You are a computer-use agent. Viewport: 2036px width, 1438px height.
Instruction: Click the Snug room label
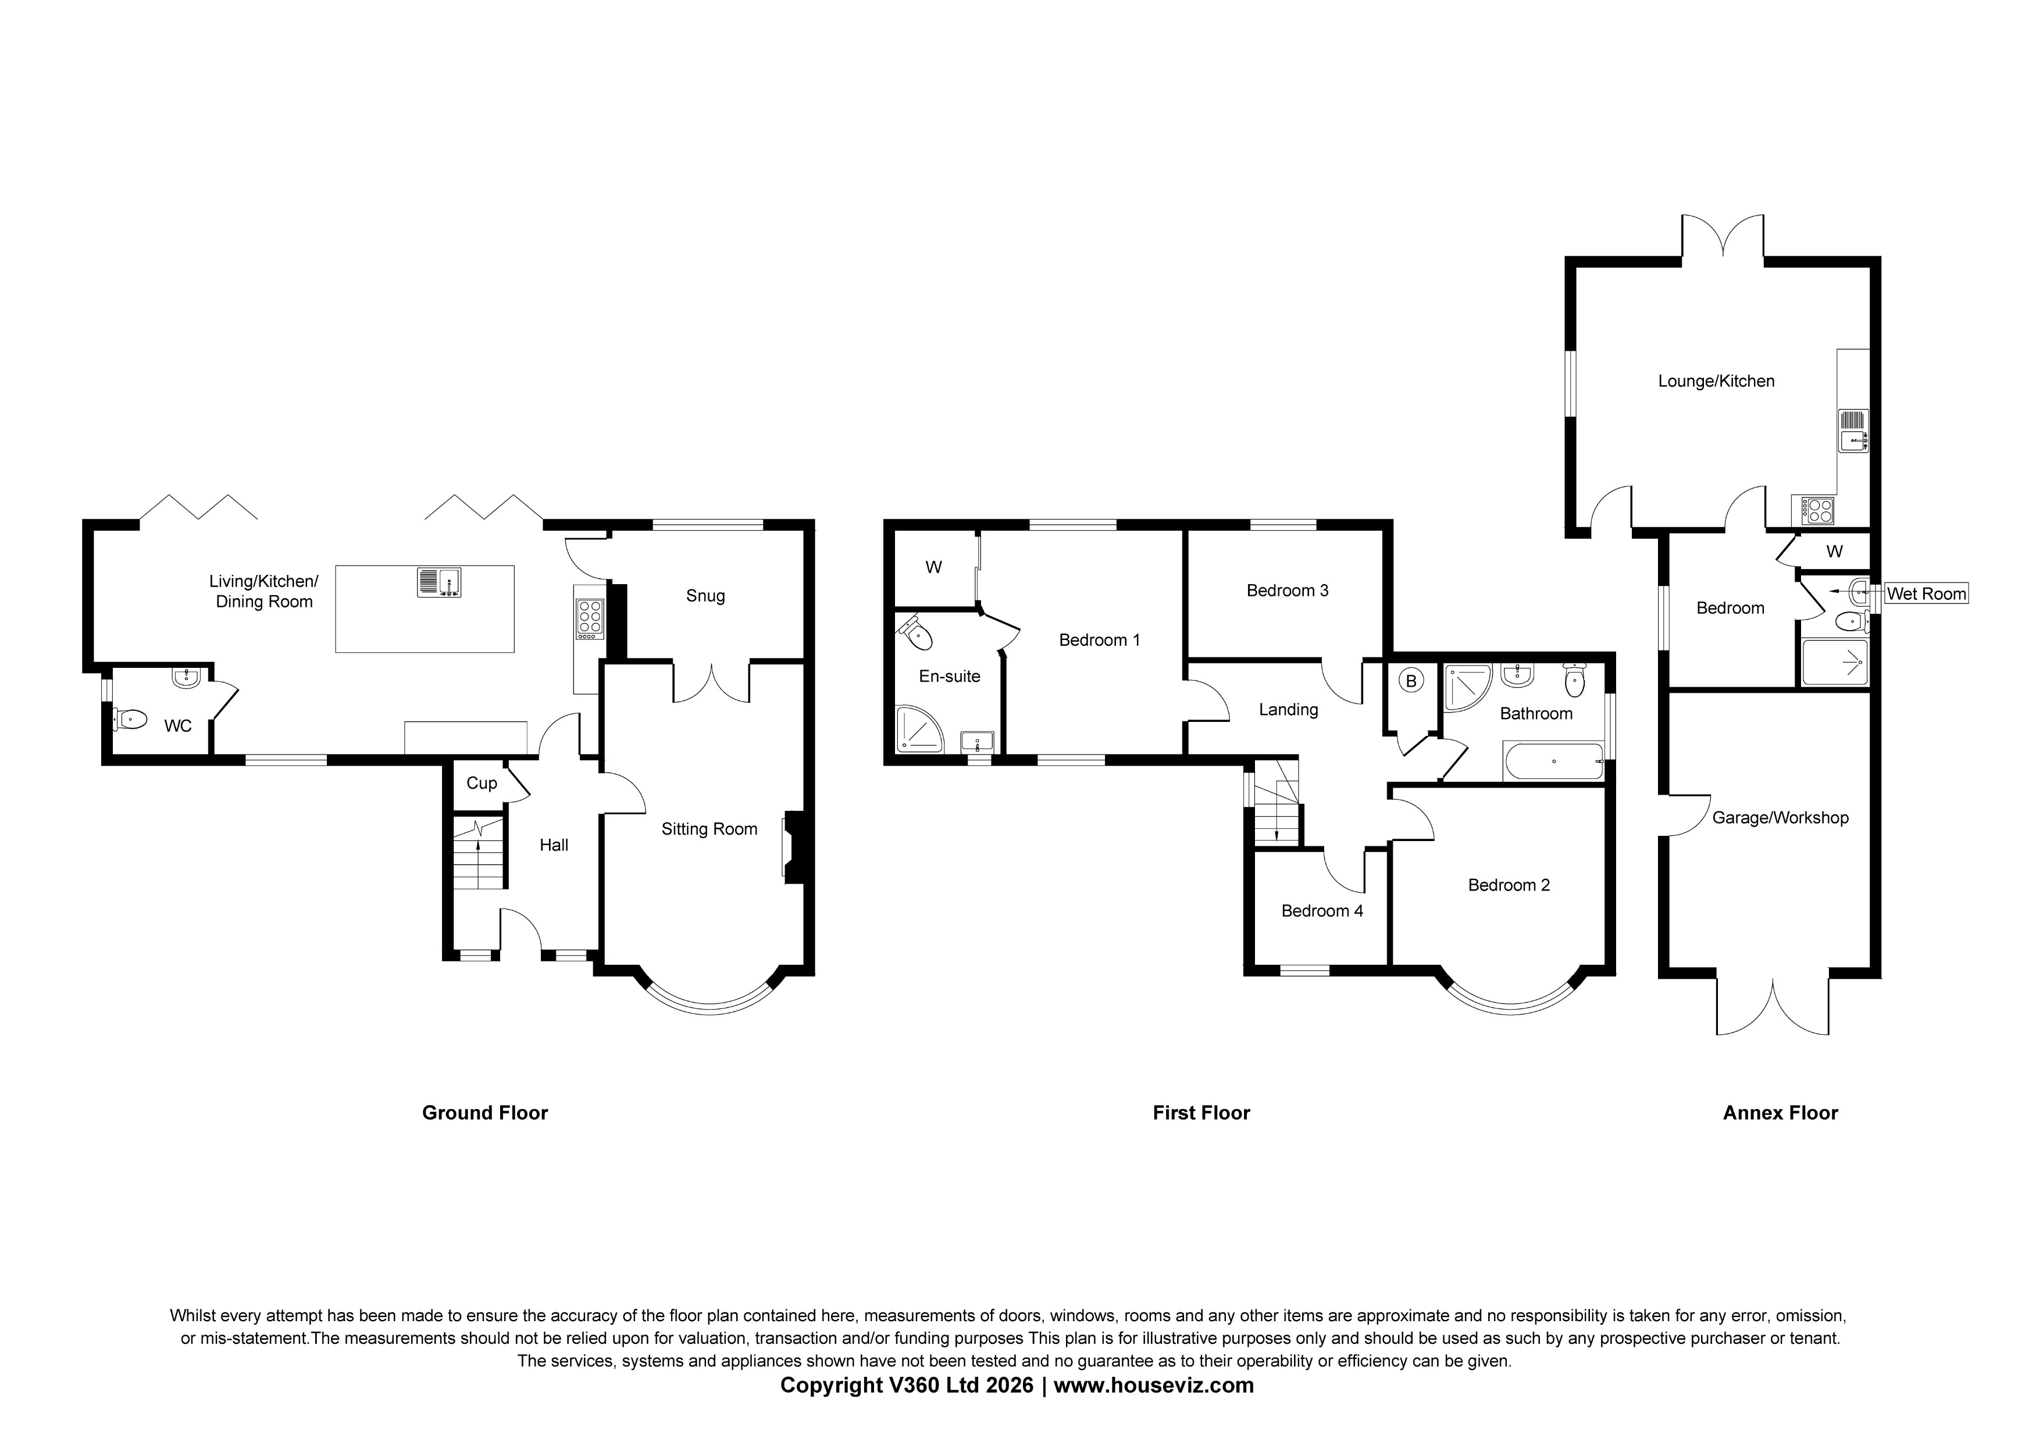(705, 596)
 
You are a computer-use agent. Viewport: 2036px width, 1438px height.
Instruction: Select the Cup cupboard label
(482, 783)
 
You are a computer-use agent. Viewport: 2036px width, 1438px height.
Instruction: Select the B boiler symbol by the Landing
(1411, 681)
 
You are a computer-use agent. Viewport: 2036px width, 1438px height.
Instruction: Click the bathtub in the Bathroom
(1553, 761)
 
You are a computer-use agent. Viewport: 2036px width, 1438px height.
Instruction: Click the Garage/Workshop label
(1780, 817)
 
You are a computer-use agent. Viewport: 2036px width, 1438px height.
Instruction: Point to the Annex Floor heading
(1780, 1113)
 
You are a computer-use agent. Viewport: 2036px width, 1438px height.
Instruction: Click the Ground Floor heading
(484, 1113)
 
